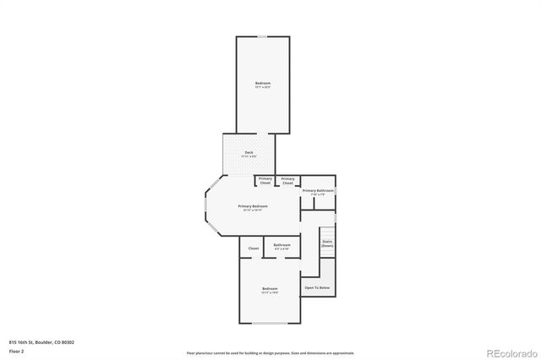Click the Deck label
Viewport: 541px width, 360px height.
(x=249, y=152)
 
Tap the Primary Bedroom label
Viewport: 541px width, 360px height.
(x=253, y=206)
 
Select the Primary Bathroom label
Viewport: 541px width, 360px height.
(x=319, y=191)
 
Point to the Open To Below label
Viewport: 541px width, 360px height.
(x=318, y=288)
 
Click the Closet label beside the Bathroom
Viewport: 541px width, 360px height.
(x=253, y=248)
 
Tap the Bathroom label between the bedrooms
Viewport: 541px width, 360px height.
(x=281, y=245)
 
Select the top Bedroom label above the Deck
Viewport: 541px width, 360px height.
(x=263, y=83)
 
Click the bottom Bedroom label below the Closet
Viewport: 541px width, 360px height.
(x=270, y=289)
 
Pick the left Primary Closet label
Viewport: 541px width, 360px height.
(x=265, y=180)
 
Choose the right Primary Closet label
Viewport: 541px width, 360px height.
(x=288, y=180)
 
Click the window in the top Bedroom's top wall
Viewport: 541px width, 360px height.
(x=263, y=36)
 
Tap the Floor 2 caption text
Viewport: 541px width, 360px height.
(x=17, y=350)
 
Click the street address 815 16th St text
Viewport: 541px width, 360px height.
(x=41, y=341)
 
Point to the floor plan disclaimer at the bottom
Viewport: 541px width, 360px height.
(x=270, y=353)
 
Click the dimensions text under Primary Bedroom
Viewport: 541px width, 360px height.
(x=253, y=210)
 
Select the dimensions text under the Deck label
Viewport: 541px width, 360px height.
(x=249, y=156)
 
